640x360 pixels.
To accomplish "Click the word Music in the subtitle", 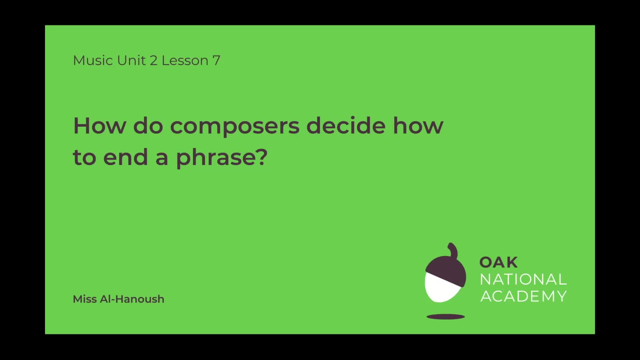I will (x=88, y=60).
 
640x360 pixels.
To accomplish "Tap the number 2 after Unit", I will (x=153, y=60).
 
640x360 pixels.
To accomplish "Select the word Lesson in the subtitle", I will (x=185, y=60).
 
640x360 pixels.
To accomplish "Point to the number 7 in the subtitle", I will (x=216, y=61).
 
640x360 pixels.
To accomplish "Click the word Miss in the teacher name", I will (x=85, y=299).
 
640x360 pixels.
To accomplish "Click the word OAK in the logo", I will (x=498, y=262).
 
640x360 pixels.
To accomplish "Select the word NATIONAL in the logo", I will (x=523, y=279).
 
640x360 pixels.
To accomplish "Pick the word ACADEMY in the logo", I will (x=523, y=296).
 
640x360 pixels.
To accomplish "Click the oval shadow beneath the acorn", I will (x=445, y=317).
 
